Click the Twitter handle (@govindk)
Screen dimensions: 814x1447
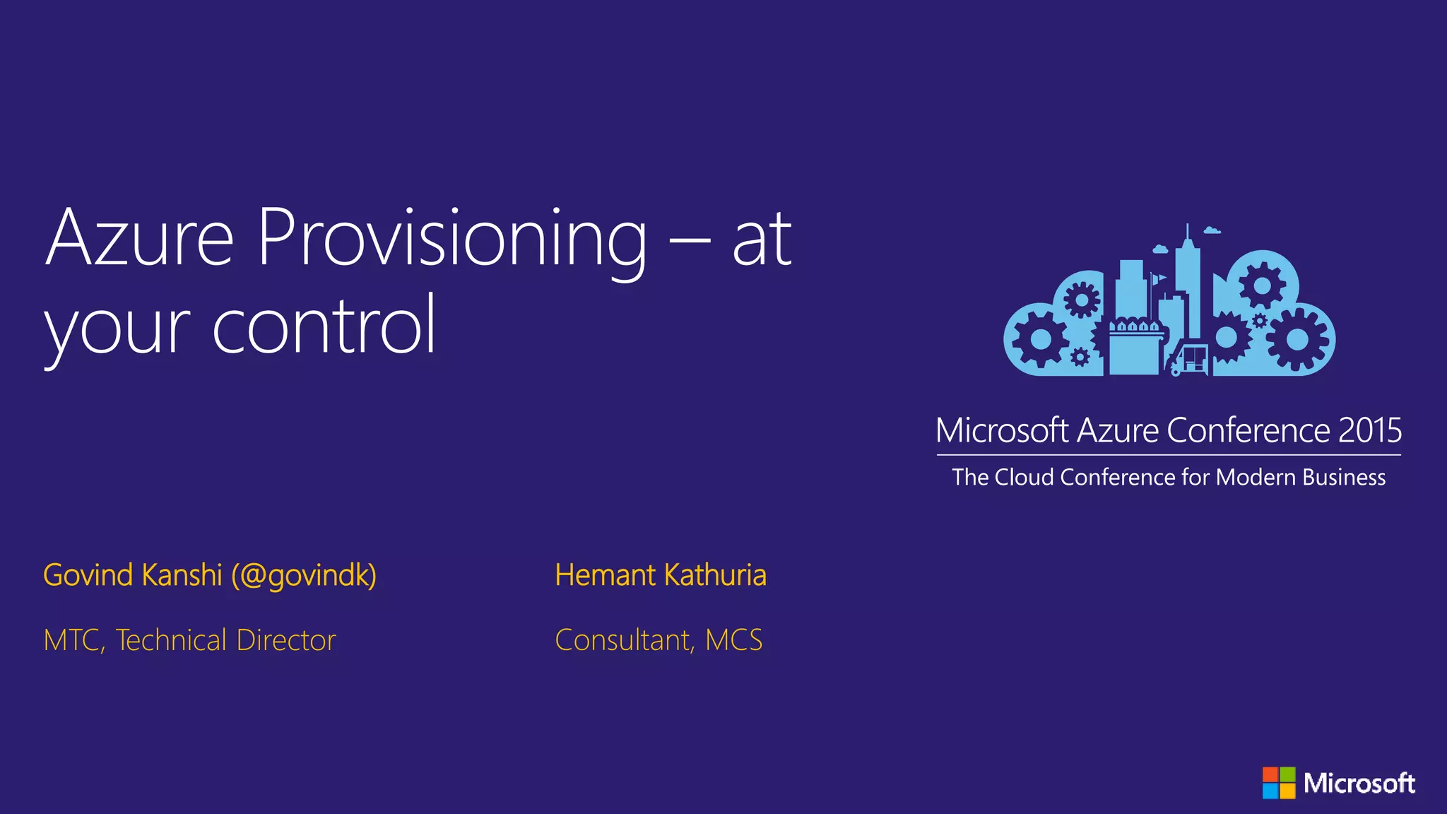pyautogui.click(x=304, y=575)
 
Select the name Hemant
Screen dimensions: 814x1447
pyautogui.click(x=605, y=575)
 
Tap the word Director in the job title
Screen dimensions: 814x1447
pyautogui.click(x=286, y=640)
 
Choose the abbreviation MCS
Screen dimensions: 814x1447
pyautogui.click(x=734, y=640)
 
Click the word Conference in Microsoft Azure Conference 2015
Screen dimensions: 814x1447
pyautogui.click(x=1248, y=430)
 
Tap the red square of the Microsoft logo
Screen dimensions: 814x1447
pyautogui.click(x=1270, y=774)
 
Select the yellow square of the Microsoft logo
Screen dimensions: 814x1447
pyautogui.click(x=1287, y=791)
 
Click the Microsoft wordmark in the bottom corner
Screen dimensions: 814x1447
pyautogui.click(x=1359, y=783)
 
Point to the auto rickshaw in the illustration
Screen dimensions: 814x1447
pyautogui.click(x=1190, y=359)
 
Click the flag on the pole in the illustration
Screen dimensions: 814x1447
pyautogui.click(x=1159, y=278)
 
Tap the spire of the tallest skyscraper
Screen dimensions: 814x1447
pyautogui.click(x=1188, y=233)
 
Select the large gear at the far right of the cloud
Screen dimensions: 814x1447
pyautogui.click(x=1297, y=339)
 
